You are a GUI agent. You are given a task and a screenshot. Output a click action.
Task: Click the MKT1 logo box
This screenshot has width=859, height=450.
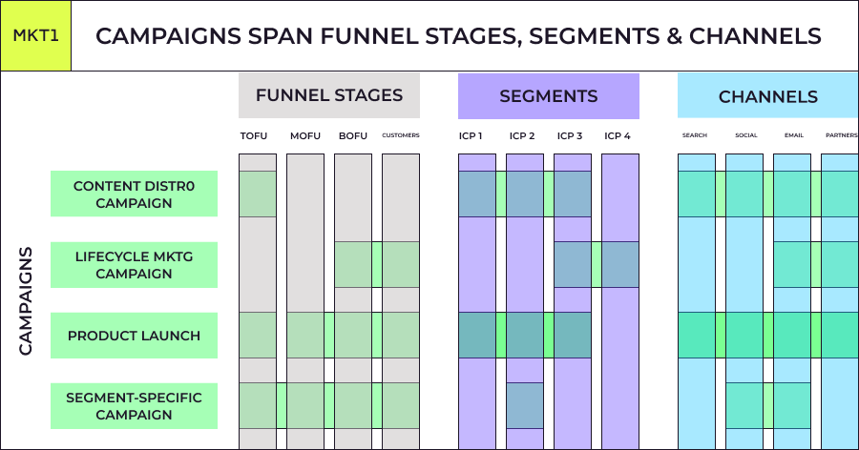35,36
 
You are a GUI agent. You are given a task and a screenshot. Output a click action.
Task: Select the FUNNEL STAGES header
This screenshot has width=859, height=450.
329,95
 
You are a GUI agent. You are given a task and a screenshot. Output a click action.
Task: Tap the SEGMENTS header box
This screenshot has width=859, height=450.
548,96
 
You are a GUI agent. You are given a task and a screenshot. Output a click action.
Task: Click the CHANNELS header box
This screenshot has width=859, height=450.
767,96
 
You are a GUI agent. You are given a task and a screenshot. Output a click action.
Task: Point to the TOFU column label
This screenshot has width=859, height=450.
254,135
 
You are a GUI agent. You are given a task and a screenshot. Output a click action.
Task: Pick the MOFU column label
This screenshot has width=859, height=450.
305,135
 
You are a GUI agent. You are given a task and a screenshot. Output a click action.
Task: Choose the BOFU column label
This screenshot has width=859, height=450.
353,135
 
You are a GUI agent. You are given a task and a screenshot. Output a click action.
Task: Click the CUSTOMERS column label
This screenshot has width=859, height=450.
401,135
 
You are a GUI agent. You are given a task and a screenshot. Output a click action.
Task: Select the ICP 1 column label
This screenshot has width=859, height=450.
470,135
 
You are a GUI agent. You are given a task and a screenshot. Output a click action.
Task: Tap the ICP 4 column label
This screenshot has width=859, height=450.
618,135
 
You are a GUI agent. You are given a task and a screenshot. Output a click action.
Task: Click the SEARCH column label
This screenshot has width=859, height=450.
695,135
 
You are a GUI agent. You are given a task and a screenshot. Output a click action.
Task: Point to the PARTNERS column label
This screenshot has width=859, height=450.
841,135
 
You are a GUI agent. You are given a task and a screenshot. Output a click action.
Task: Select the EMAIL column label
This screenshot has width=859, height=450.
793,135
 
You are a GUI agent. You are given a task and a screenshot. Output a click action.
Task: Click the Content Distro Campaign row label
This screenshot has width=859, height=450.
134,194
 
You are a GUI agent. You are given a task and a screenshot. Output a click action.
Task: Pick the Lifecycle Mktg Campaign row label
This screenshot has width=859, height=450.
134,264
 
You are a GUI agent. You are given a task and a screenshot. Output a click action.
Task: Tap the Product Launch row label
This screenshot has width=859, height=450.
134,336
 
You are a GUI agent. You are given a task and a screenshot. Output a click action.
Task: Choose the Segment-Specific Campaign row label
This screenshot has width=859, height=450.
134,406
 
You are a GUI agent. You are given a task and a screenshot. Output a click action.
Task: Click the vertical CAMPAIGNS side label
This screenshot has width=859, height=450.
26,300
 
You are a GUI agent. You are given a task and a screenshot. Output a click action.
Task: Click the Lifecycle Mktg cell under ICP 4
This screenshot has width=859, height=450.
620,264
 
